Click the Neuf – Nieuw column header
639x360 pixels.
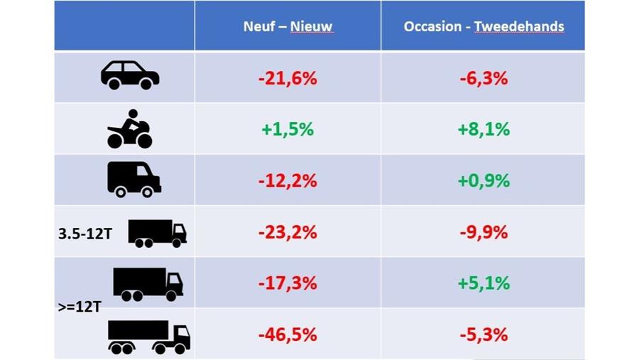(x=288, y=27)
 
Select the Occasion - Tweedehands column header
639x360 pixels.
(x=484, y=27)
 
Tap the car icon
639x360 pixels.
(x=130, y=75)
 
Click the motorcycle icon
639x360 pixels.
(x=129, y=129)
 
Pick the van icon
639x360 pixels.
(x=133, y=179)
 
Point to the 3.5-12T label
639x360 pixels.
(x=85, y=232)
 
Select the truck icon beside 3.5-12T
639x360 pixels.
(x=157, y=233)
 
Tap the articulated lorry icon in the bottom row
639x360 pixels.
(x=148, y=337)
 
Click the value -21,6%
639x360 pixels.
(x=288, y=79)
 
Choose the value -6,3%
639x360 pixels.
(x=484, y=79)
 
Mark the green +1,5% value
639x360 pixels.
(x=288, y=130)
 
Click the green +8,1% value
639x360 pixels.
(x=484, y=130)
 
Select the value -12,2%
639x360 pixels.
(x=288, y=181)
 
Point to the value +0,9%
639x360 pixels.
(x=484, y=181)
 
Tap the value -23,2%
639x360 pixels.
(x=288, y=232)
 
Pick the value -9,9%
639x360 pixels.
(x=484, y=232)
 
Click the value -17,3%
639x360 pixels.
(x=288, y=283)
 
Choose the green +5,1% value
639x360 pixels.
(x=484, y=283)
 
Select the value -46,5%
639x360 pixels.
(x=288, y=334)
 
